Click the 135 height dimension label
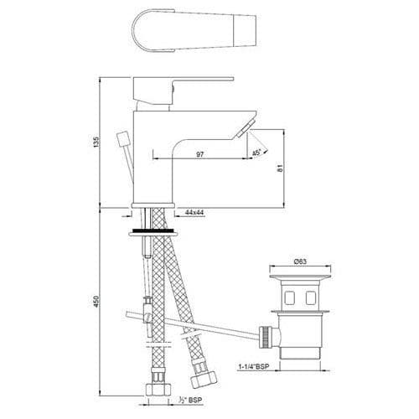point(96,142)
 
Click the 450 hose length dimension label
point(96,302)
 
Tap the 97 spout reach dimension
point(200,154)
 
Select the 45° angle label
point(256,153)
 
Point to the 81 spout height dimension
point(280,168)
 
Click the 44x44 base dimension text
point(194,212)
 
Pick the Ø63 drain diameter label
point(300,261)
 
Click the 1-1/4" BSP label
point(254,366)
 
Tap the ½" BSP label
point(190,400)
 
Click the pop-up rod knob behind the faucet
point(122,139)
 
